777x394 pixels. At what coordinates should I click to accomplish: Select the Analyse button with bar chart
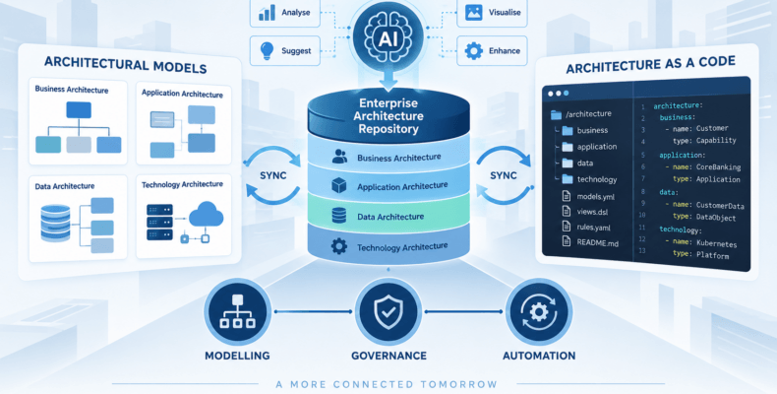285,13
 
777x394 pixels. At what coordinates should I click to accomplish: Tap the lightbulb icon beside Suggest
268,50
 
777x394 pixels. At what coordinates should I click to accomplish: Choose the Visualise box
492,13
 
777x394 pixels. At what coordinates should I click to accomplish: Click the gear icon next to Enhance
474,50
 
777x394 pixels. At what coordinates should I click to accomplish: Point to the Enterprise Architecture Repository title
388,116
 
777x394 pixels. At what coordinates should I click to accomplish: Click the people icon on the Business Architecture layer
339,157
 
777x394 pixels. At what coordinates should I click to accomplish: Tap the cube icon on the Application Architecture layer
339,185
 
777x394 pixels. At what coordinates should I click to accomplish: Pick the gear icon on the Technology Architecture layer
339,246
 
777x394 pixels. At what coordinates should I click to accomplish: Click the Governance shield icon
388,312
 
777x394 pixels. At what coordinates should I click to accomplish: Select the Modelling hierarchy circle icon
237,311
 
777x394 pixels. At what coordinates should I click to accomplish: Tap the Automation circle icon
539,312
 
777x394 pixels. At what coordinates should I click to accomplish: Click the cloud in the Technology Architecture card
207,215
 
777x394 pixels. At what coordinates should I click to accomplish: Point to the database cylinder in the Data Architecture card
55,223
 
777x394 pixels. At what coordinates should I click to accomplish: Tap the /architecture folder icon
556,115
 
